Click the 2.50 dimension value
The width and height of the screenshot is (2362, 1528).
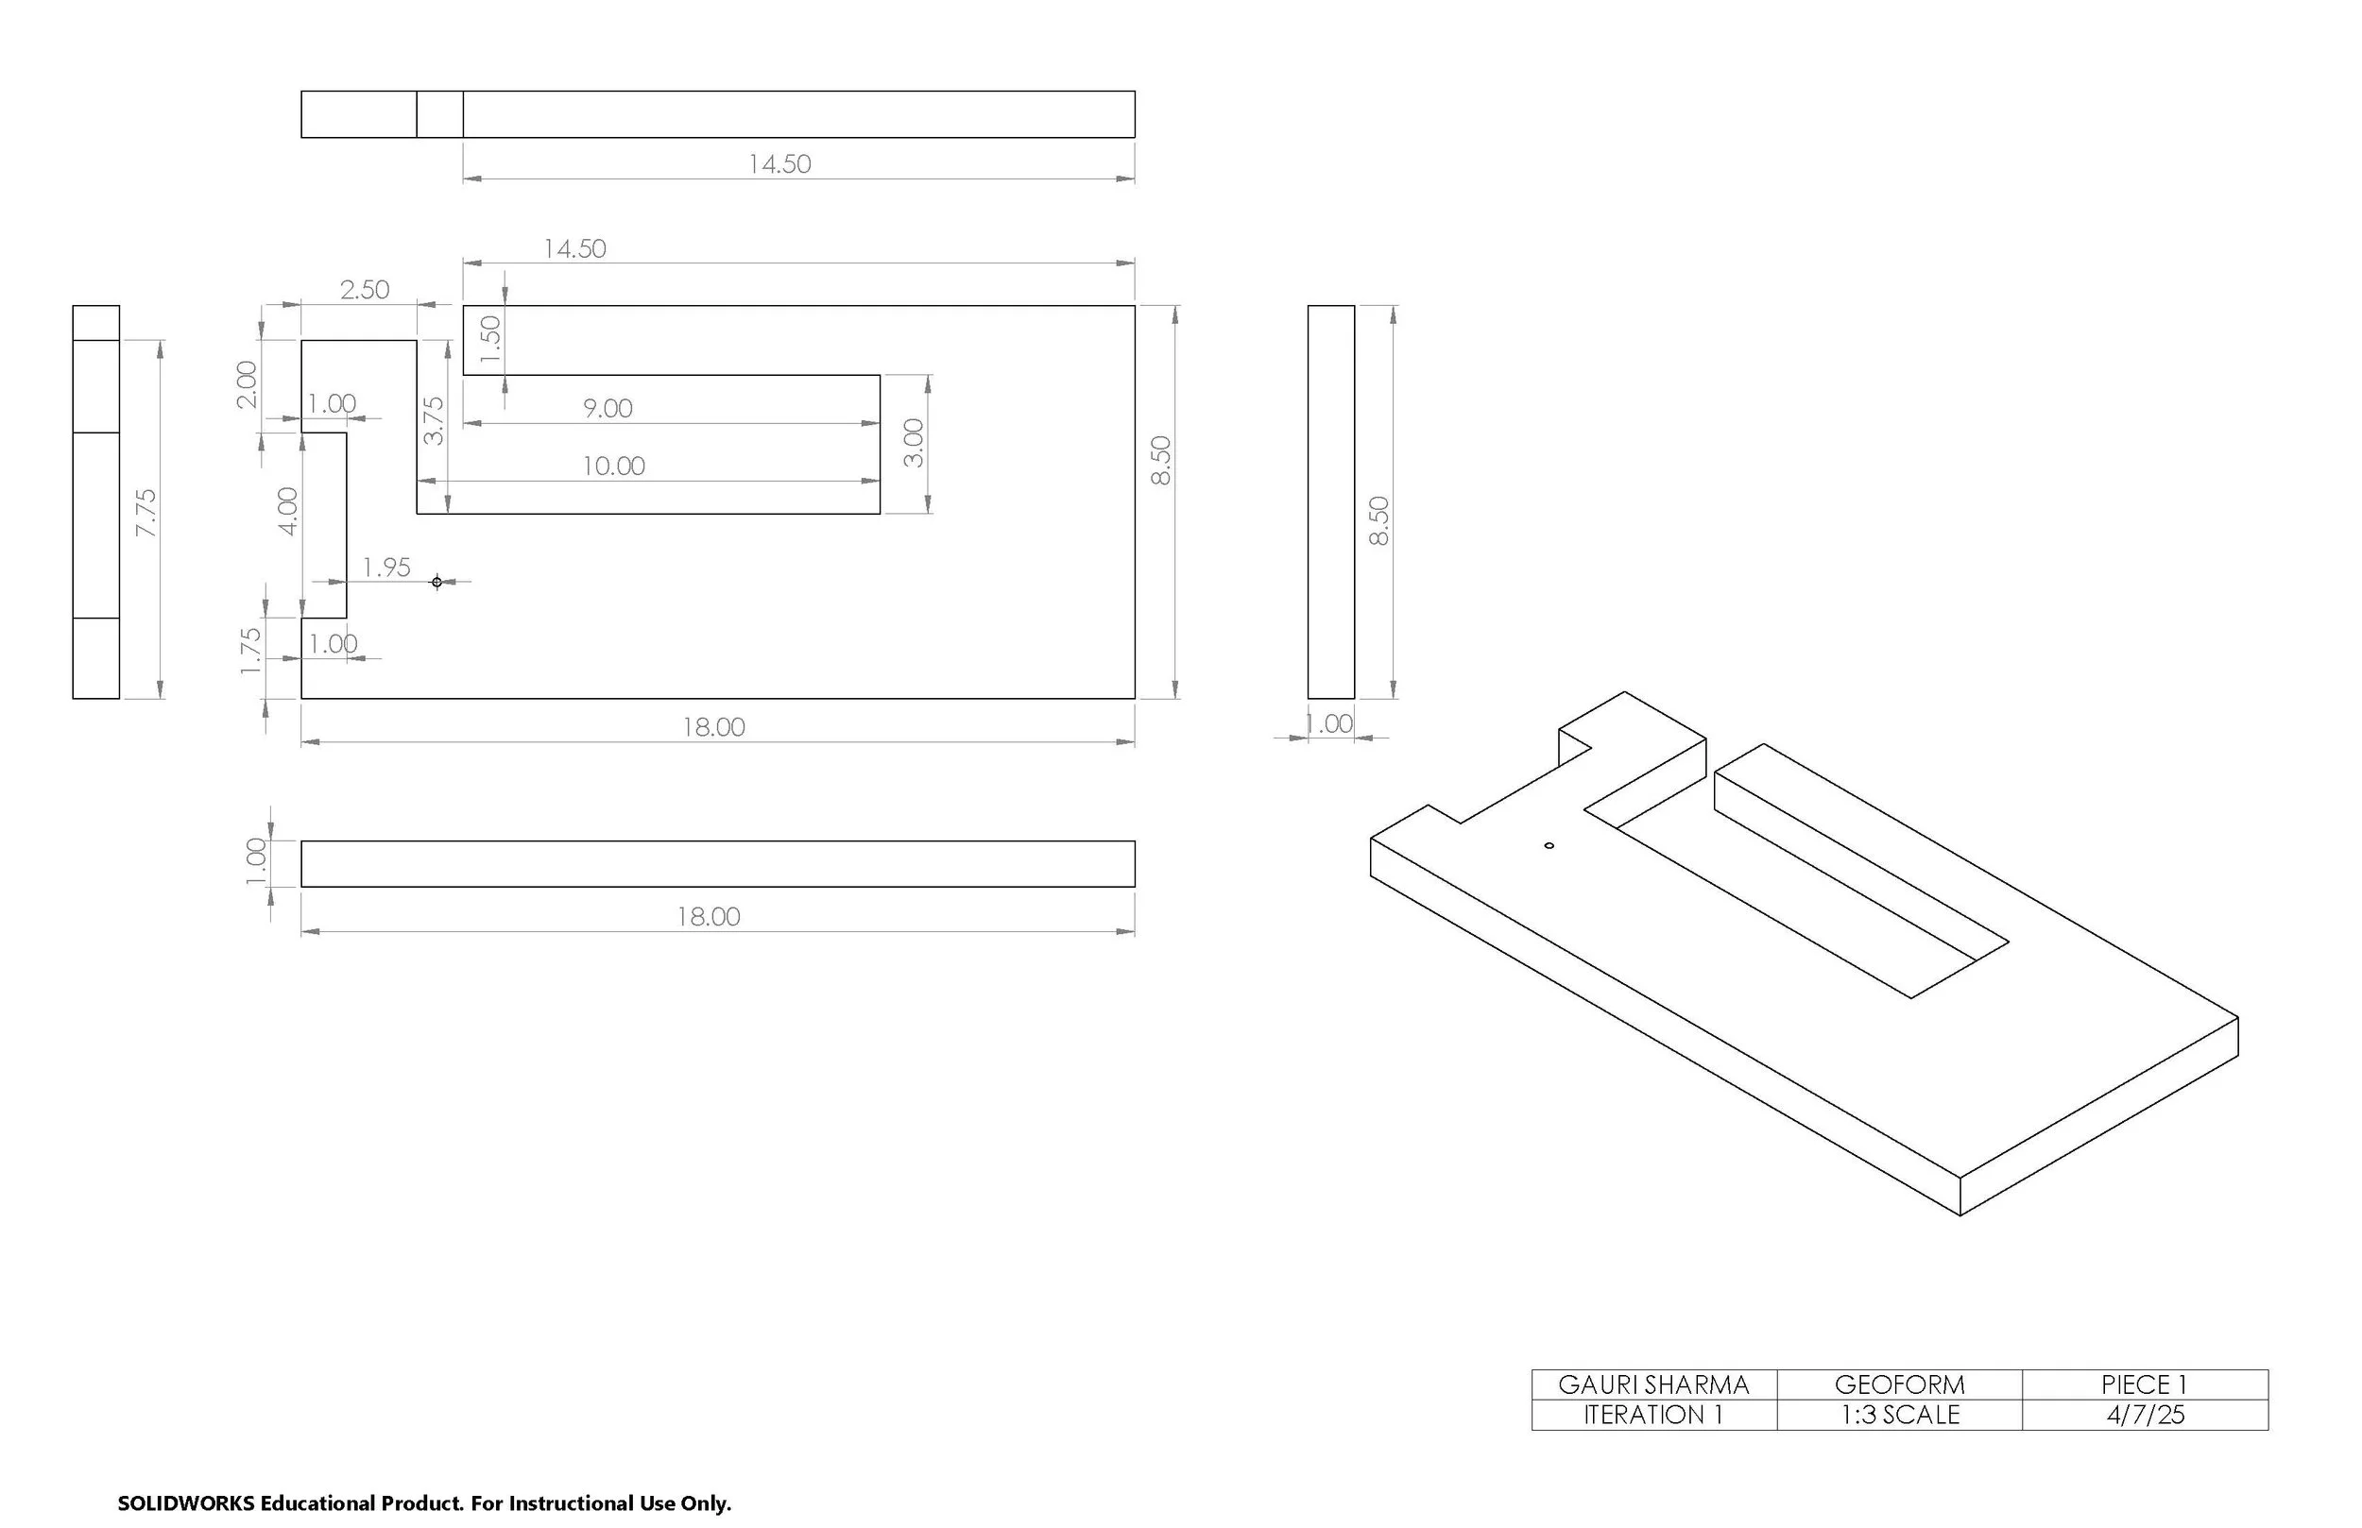[x=365, y=290]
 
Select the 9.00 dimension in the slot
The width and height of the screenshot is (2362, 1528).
[x=608, y=408]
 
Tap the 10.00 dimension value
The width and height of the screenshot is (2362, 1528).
[x=613, y=466]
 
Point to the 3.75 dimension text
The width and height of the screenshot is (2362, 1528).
[x=434, y=420]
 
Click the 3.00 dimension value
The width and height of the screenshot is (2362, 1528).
[x=914, y=443]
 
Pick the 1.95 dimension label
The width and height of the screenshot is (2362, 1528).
[x=386, y=568]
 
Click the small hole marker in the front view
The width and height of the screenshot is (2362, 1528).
[x=436, y=582]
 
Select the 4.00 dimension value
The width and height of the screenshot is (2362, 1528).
[x=287, y=511]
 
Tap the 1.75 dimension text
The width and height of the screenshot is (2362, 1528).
[x=250, y=651]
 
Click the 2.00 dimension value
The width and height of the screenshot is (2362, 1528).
[x=247, y=384]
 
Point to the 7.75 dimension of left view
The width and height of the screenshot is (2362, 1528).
[x=145, y=513]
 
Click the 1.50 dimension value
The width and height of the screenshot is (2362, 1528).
[x=490, y=339]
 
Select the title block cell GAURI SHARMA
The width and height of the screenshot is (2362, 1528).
[x=1653, y=1384]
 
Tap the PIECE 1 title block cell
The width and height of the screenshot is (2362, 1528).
[x=2145, y=1384]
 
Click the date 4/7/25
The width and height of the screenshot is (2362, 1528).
[x=2145, y=1415]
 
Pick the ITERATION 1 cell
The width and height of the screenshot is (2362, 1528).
[x=1653, y=1415]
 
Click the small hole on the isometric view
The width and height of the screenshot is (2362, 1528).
[x=1549, y=846]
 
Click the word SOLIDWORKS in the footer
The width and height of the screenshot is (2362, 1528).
[x=185, y=1503]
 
